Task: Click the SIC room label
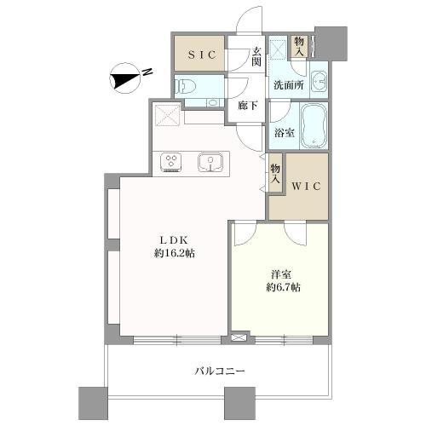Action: pyautogui.click(x=200, y=55)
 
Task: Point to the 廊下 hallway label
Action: pyautogui.click(x=247, y=106)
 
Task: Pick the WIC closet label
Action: pyautogui.click(x=304, y=185)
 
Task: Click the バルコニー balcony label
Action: pyautogui.click(x=220, y=371)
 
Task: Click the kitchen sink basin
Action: pyautogui.click(x=210, y=161)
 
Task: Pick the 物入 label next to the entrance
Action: pyautogui.click(x=299, y=44)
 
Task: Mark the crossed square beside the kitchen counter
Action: pyautogui.click(x=167, y=114)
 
